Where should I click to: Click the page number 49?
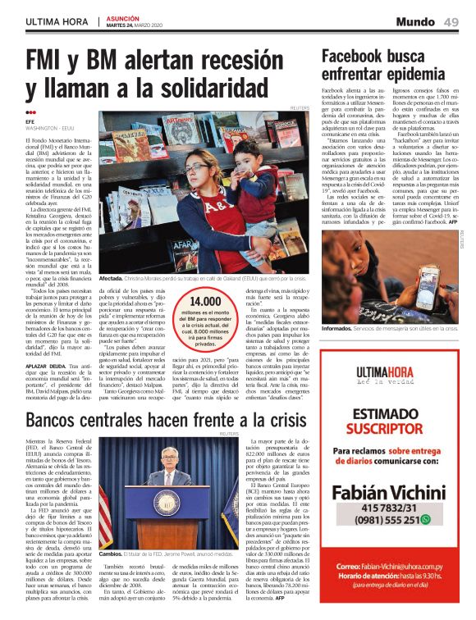click(x=451, y=21)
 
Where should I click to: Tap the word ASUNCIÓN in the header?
click(x=122, y=16)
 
